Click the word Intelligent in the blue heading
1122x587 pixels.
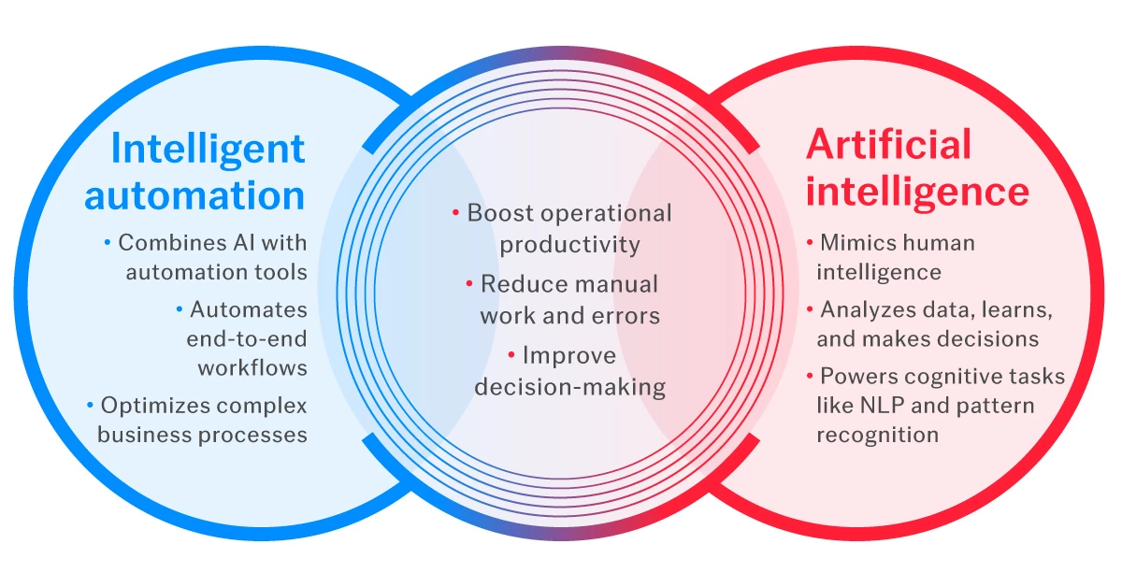[x=208, y=149]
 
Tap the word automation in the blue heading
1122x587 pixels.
[x=194, y=195]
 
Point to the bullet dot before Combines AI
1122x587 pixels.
[x=108, y=243]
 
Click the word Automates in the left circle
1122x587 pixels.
[x=248, y=308]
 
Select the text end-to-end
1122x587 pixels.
[x=246, y=338]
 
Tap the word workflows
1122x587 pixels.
[x=252, y=367]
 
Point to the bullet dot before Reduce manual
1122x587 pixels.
[x=469, y=284]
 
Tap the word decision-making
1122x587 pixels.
[x=569, y=386]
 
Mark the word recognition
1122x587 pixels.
[x=877, y=435]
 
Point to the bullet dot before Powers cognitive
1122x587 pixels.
[x=810, y=376]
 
